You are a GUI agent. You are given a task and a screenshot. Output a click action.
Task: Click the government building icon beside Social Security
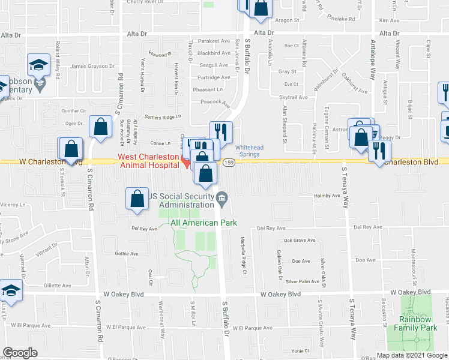(x=221, y=198)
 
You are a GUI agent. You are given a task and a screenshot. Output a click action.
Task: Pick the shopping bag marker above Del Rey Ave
(x=137, y=199)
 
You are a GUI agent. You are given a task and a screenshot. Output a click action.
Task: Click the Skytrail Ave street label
(x=294, y=97)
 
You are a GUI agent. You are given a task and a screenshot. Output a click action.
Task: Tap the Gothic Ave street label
(x=127, y=254)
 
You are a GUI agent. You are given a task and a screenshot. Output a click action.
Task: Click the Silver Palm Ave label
(x=302, y=281)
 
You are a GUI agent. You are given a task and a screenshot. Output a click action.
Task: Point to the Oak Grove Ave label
(x=300, y=241)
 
